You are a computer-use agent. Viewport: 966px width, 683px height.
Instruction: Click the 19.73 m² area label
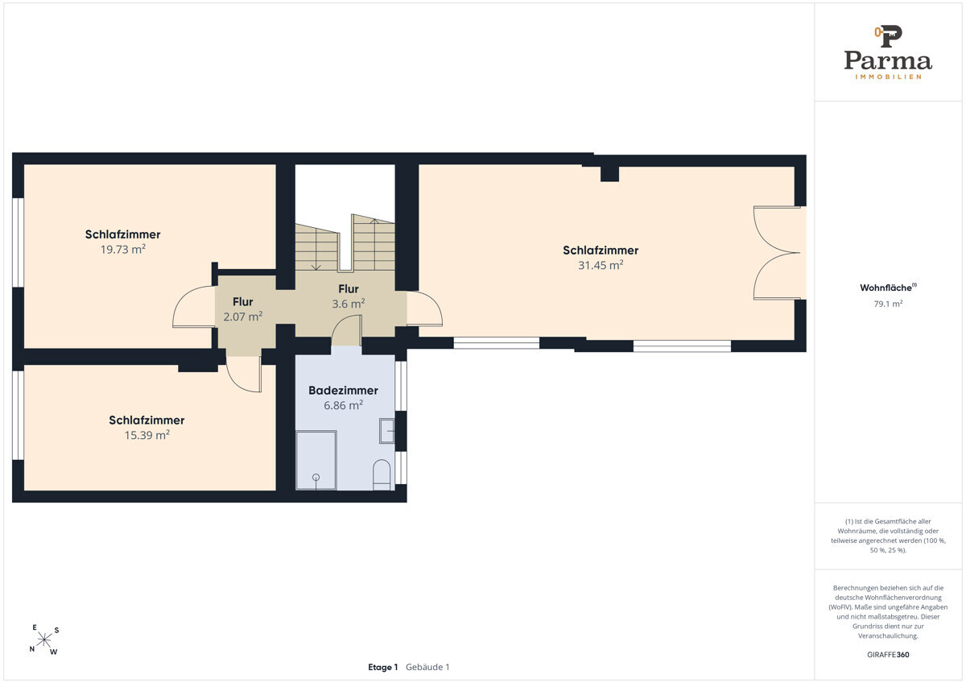[123, 250]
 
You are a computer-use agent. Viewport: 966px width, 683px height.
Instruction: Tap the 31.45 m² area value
[601, 265]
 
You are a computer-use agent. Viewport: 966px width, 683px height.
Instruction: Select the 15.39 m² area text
[147, 435]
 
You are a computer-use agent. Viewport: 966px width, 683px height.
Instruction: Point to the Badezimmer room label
[343, 391]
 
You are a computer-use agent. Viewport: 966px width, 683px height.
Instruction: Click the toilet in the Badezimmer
[382, 475]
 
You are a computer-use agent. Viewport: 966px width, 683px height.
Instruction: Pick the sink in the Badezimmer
[387, 431]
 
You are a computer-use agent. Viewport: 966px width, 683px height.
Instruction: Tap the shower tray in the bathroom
[316, 461]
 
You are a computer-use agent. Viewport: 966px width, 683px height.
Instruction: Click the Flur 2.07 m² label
[243, 309]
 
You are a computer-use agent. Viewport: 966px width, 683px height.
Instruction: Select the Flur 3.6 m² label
[349, 296]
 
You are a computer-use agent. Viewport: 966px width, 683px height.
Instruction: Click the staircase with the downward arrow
[317, 247]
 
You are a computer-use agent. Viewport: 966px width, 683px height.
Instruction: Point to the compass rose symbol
[44, 640]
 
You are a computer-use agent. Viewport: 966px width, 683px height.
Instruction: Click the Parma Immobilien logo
[888, 52]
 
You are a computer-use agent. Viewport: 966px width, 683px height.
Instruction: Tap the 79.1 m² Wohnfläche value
[888, 304]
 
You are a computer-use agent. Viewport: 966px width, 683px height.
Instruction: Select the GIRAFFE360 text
[888, 655]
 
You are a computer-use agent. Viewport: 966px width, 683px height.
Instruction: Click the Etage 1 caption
[383, 667]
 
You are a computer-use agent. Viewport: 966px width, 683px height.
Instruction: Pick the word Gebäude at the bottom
[424, 667]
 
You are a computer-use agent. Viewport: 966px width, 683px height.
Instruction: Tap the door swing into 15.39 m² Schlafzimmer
[244, 375]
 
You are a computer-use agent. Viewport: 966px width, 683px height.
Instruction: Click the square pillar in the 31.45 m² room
[609, 174]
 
